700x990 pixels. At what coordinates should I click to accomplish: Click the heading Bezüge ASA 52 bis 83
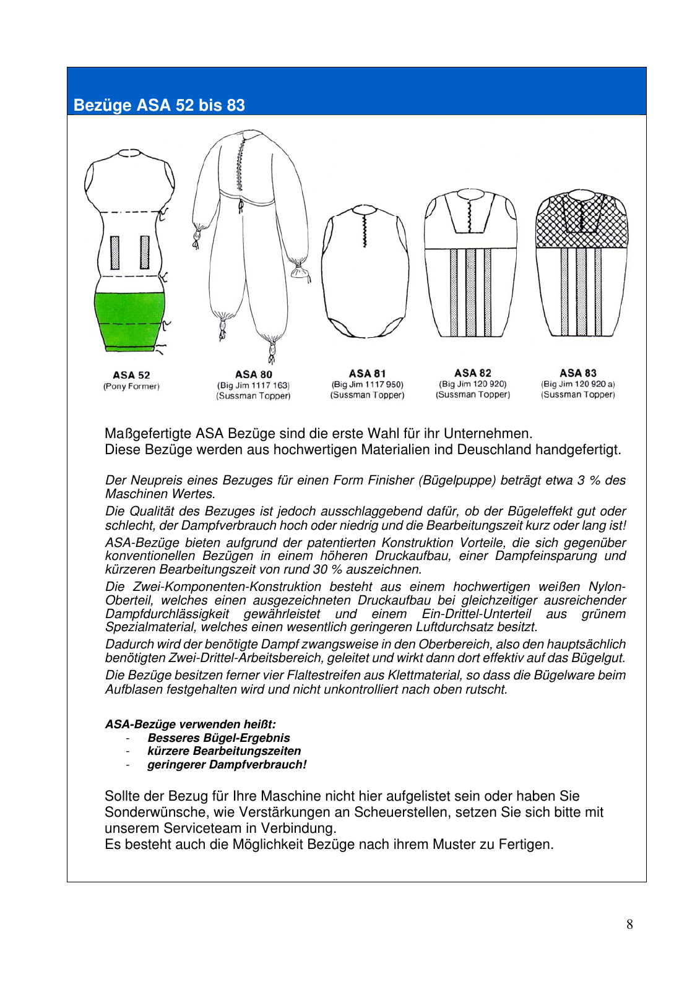point(159,105)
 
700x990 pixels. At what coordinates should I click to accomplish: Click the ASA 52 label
point(131,375)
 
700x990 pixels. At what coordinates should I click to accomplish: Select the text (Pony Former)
point(131,387)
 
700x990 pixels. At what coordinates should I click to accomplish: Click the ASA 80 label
point(253,374)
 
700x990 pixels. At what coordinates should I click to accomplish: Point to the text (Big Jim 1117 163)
point(253,385)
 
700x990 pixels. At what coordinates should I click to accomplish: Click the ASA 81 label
point(367,374)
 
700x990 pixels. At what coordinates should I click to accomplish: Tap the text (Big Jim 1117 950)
point(367,384)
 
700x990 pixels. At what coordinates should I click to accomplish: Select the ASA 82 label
point(472,373)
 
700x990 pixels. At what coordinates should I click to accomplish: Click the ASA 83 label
point(577,373)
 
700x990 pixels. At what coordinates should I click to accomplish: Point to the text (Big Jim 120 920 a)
point(577,384)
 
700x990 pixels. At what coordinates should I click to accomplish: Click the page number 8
point(629,924)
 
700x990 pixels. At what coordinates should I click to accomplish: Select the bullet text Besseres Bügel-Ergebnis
point(218,738)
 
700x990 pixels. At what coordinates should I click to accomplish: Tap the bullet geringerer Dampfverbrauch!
point(227,765)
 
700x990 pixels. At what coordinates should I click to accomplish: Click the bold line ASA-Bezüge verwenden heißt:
point(190,724)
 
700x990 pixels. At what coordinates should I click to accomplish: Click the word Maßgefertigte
point(148,433)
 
